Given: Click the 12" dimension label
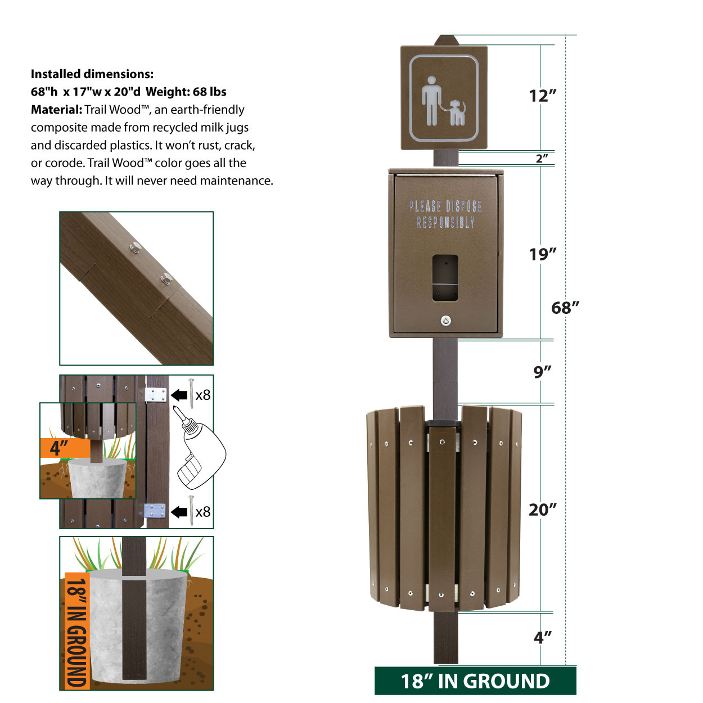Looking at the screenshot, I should point(542,96).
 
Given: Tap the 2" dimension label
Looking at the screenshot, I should point(542,158).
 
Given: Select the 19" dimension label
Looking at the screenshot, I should point(542,254).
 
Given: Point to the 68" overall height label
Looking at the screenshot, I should point(565,308).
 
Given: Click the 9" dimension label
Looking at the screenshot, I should point(542,372).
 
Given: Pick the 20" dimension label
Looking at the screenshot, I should point(542,510).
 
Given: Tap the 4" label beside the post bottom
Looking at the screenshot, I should point(542,637).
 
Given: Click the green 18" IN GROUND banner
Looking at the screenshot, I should point(475,681).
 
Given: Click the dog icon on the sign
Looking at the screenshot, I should point(457,112).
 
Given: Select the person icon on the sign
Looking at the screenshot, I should point(431,100).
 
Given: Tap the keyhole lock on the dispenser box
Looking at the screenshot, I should point(445,321).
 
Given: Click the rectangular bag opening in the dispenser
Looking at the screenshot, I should point(445,278).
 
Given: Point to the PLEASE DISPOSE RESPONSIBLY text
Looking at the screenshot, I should point(445,214).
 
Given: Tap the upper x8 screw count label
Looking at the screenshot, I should point(202,395).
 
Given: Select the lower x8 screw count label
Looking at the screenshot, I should point(202,512).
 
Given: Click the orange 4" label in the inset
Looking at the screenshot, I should point(61,448).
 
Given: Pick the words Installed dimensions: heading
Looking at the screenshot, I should point(92,74).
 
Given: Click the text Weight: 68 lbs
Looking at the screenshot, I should point(186,92).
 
